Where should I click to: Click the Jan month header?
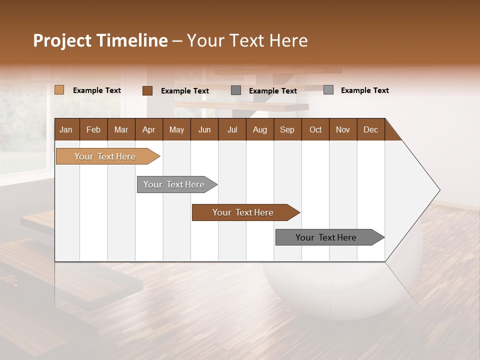click(x=66, y=129)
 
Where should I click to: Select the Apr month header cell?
click(x=148, y=129)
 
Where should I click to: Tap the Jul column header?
click(x=232, y=129)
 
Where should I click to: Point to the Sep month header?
click(x=287, y=129)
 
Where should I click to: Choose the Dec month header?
click(x=370, y=129)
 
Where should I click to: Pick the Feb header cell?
click(x=93, y=129)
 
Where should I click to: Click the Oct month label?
click(x=315, y=129)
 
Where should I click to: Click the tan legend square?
click(x=59, y=90)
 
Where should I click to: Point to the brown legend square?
click(x=147, y=90)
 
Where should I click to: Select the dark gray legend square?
click(x=236, y=90)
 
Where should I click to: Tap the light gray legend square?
click(x=328, y=90)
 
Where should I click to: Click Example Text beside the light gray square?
click(x=364, y=90)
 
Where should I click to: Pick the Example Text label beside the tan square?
click(x=97, y=90)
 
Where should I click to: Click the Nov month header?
click(x=343, y=129)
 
